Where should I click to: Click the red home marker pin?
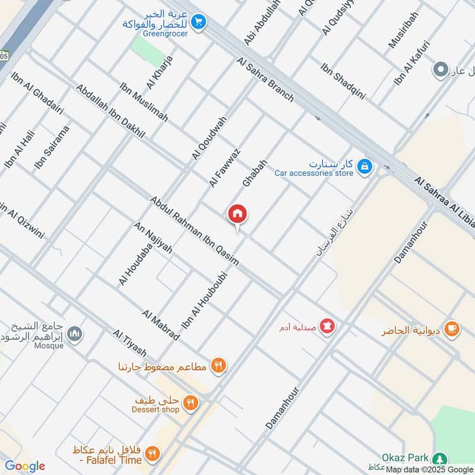(237, 214)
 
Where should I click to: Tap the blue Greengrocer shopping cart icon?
(199, 22)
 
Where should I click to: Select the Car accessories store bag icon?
(365, 167)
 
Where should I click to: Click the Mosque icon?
(75, 334)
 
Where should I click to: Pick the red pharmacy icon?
(326, 326)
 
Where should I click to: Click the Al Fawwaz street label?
(224, 168)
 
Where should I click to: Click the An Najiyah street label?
(153, 237)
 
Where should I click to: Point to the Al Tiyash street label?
(129, 344)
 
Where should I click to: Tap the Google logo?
(25, 466)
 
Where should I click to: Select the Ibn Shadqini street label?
(343, 81)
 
